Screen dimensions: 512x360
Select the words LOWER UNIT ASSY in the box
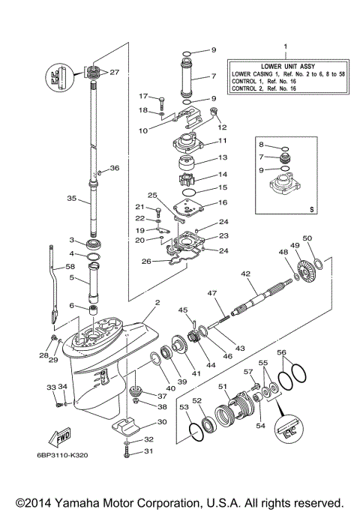click(285, 66)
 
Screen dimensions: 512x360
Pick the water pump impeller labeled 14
click(186, 181)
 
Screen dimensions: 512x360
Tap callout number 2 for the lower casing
click(157, 303)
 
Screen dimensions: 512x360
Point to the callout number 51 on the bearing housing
click(223, 386)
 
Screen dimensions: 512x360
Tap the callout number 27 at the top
click(115, 73)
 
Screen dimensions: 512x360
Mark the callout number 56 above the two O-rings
click(281, 352)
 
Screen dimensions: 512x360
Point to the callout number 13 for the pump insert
click(222, 158)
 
